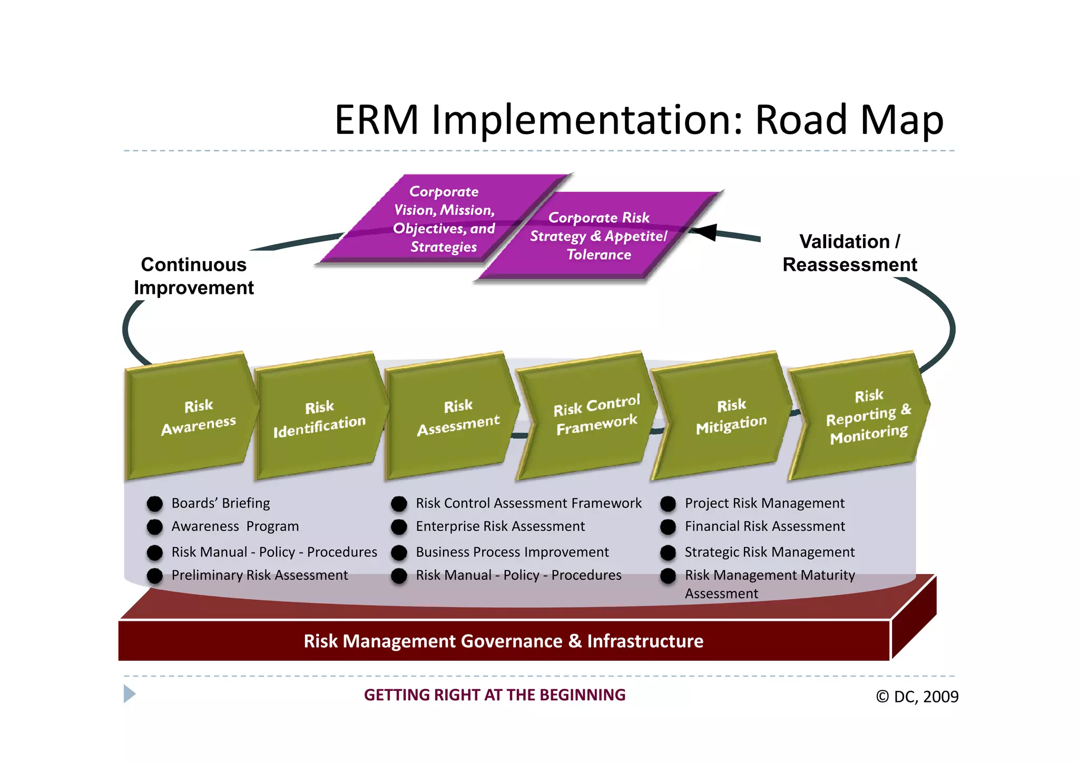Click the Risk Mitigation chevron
[x=724, y=416]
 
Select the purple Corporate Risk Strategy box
[x=598, y=236]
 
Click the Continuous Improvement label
[x=194, y=276]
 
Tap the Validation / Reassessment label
[x=849, y=253]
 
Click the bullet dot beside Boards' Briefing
[x=154, y=504]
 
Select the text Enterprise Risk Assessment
[x=500, y=527]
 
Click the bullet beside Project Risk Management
[x=668, y=504]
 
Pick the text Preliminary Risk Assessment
[x=259, y=575]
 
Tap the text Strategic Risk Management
[x=769, y=552]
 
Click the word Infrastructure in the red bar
[x=645, y=641]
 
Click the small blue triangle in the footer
[x=129, y=694]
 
